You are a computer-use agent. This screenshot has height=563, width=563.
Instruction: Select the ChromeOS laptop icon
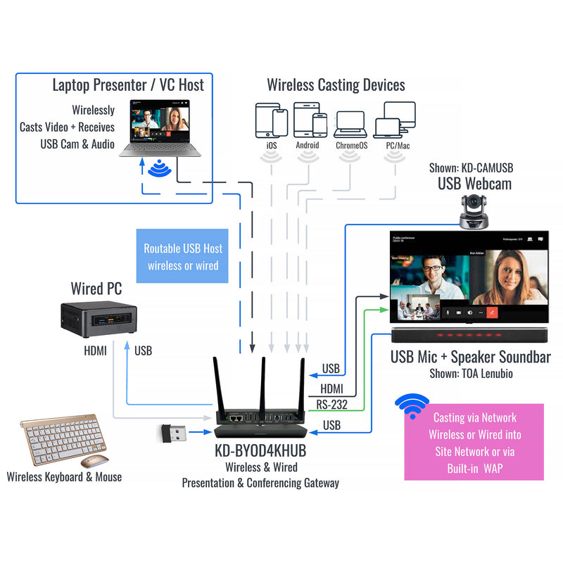click(349, 124)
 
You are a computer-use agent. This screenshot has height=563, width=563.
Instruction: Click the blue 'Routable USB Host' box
click(183, 257)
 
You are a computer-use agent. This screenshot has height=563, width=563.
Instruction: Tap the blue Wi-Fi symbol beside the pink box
click(412, 407)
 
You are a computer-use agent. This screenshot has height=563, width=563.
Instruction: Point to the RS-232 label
click(331, 404)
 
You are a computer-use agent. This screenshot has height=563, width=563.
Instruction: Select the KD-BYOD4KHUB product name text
click(260, 451)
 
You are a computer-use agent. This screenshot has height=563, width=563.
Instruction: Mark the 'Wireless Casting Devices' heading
click(336, 85)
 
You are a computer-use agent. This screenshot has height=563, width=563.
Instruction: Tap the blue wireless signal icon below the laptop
click(161, 169)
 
